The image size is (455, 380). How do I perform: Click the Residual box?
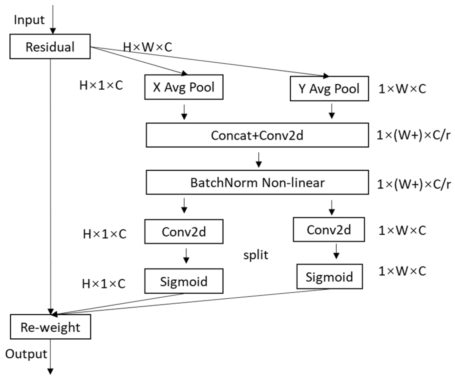pos(50,47)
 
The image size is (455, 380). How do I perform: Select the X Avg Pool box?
pos(184,87)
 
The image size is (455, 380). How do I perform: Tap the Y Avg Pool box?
pos(329,89)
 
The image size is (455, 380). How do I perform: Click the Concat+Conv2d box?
pos(257,135)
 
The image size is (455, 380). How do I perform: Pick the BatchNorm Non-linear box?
pos(257,182)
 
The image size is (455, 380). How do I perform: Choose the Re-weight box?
pos(50,327)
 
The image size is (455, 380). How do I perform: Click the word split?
pos(256,255)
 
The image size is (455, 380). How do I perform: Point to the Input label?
pos(29,20)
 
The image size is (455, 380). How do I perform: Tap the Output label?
pos(26,354)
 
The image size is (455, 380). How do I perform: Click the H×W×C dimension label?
pos(147,47)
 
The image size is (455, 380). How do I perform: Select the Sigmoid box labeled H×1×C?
pos(184,281)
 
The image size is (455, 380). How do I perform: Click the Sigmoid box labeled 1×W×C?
pos(329,277)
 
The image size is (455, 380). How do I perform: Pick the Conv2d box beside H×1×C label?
pos(184,232)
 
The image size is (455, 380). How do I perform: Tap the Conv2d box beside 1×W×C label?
pos(329,230)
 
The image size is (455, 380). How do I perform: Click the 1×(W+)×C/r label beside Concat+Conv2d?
pos(413,135)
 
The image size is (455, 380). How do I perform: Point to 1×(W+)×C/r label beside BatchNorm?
pos(414,184)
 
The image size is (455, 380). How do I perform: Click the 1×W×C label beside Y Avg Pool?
pos(402,89)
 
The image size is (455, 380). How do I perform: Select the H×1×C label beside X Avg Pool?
pos(101,86)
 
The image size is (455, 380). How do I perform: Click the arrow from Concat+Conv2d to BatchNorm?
pos(258,160)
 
